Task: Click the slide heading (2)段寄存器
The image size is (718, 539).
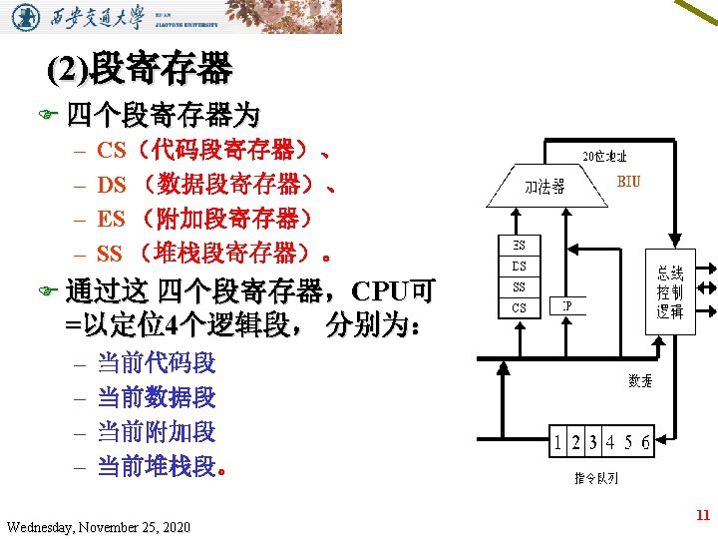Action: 141,70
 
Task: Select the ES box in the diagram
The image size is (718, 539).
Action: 520,245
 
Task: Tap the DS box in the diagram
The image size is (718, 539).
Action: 520,266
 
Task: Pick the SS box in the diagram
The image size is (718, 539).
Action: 520,286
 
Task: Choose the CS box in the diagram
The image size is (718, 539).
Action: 520,307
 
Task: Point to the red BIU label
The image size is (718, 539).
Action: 629,182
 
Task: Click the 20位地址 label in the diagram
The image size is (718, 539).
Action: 604,157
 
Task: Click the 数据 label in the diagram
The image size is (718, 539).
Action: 640,380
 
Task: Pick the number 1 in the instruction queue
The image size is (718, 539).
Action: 560,441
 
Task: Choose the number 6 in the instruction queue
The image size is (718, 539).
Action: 645,441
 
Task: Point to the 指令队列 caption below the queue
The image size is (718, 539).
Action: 595,477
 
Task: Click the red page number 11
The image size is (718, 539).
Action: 702,515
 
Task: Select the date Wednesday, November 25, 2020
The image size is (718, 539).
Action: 98,526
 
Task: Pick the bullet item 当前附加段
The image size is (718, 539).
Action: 156,432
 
